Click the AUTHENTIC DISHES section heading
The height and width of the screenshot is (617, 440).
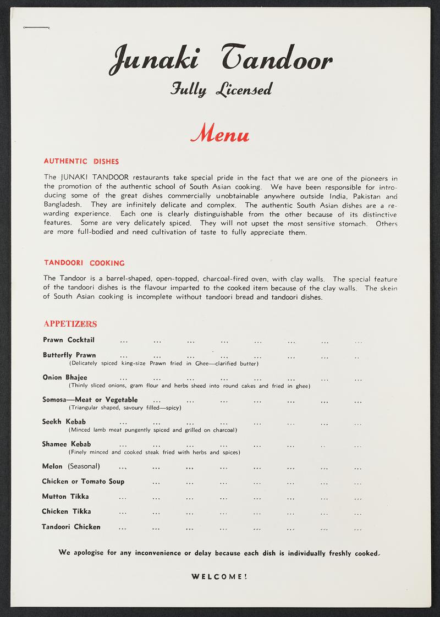(x=81, y=162)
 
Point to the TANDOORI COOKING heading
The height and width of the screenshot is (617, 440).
(x=84, y=263)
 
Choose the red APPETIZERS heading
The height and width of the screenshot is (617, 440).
(x=70, y=323)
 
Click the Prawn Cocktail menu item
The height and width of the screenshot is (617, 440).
(x=69, y=340)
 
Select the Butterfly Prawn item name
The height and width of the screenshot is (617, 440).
(x=69, y=355)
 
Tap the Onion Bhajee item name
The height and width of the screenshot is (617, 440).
(x=65, y=377)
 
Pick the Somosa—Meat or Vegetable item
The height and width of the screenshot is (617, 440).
(x=90, y=400)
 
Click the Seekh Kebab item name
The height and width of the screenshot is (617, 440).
(x=64, y=422)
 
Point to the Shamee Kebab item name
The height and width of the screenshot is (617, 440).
(x=67, y=444)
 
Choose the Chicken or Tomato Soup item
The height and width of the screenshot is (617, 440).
(x=83, y=482)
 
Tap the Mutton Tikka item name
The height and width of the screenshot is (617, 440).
(x=65, y=497)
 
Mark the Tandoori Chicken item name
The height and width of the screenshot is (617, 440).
(x=71, y=527)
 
